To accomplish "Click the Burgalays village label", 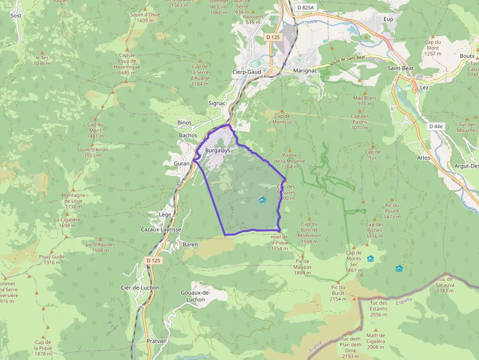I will point(218,150).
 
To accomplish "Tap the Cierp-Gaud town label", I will point(246,72).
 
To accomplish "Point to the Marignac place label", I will point(305,71).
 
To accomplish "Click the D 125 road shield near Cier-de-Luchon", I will point(153,260).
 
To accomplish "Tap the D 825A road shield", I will point(305,8).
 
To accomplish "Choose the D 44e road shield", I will point(435,126).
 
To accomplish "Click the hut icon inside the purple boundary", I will point(262,200).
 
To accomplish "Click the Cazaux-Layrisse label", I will point(161,229).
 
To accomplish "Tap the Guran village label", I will point(181,163).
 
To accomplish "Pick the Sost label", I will point(16,16).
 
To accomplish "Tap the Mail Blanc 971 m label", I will point(366,101).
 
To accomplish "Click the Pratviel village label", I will point(157,341).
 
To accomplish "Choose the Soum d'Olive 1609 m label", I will point(145,18).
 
